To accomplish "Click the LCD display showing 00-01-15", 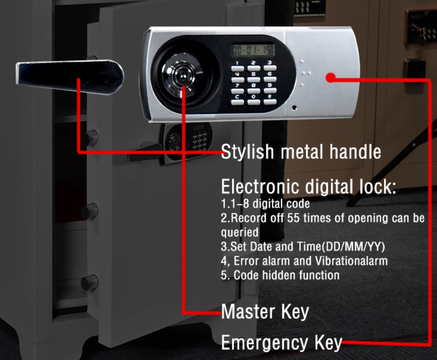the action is [x=253, y=50].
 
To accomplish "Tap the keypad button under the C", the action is [x=238, y=102].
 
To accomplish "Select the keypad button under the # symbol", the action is [x=270, y=102].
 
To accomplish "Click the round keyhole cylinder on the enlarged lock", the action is [x=183, y=75].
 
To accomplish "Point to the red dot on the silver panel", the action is [x=331, y=77].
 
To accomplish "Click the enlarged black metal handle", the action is [x=70, y=76].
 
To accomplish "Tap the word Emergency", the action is [x=264, y=343].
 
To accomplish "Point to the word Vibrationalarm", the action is [x=352, y=261].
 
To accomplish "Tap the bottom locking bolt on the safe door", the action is [x=90, y=283].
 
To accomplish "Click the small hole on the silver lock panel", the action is [x=294, y=107].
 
